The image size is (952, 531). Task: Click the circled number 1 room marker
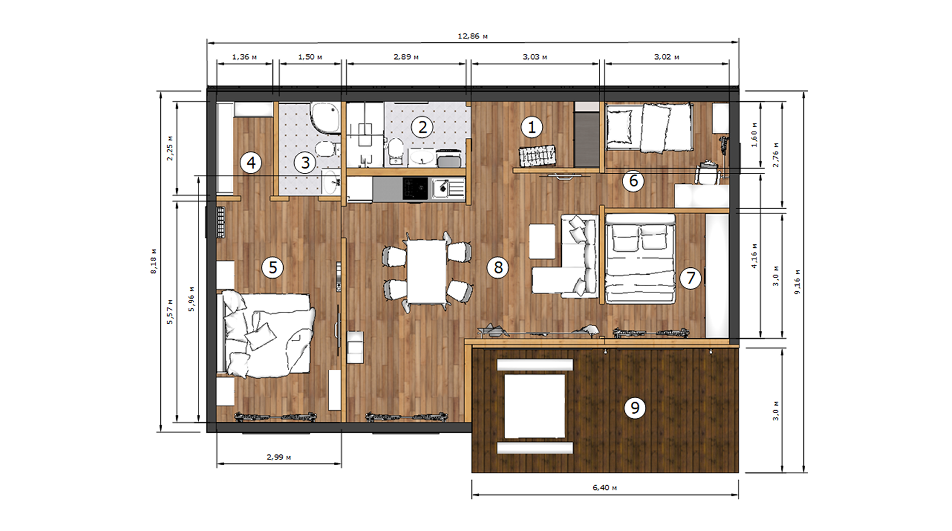point(531,127)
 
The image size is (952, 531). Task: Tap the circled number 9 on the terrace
point(634,408)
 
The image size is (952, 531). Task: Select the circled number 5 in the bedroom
point(272,267)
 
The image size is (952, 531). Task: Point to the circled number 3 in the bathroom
point(305,163)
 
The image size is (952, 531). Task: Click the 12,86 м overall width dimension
point(472,36)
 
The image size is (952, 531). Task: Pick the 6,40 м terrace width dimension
point(605,487)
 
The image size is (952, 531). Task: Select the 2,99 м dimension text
point(279,457)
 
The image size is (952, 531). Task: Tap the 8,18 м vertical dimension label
point(154,261)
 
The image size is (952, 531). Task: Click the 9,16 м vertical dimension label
point(798,282)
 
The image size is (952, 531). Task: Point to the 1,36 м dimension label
point(244,57)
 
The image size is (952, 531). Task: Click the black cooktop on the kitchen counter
point(415,188)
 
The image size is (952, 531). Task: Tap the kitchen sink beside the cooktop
point(449,188)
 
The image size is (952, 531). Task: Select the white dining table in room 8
point(426,272)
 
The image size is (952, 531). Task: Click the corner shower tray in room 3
point(326,117)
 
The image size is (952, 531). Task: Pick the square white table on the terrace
point(535,406)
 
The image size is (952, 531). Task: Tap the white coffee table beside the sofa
point(542,241)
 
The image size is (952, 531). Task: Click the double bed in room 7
point(640,259)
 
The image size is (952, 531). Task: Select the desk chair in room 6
point(707,173)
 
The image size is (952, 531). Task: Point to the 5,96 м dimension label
point(192,299)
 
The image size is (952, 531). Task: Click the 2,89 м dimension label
point(406,57)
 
